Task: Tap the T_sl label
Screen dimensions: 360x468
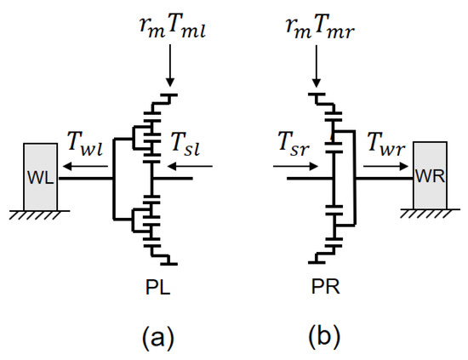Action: (185, 146)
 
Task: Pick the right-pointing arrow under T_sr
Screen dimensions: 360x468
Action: (293, 168)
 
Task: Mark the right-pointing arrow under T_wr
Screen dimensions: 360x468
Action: (387, 168)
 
